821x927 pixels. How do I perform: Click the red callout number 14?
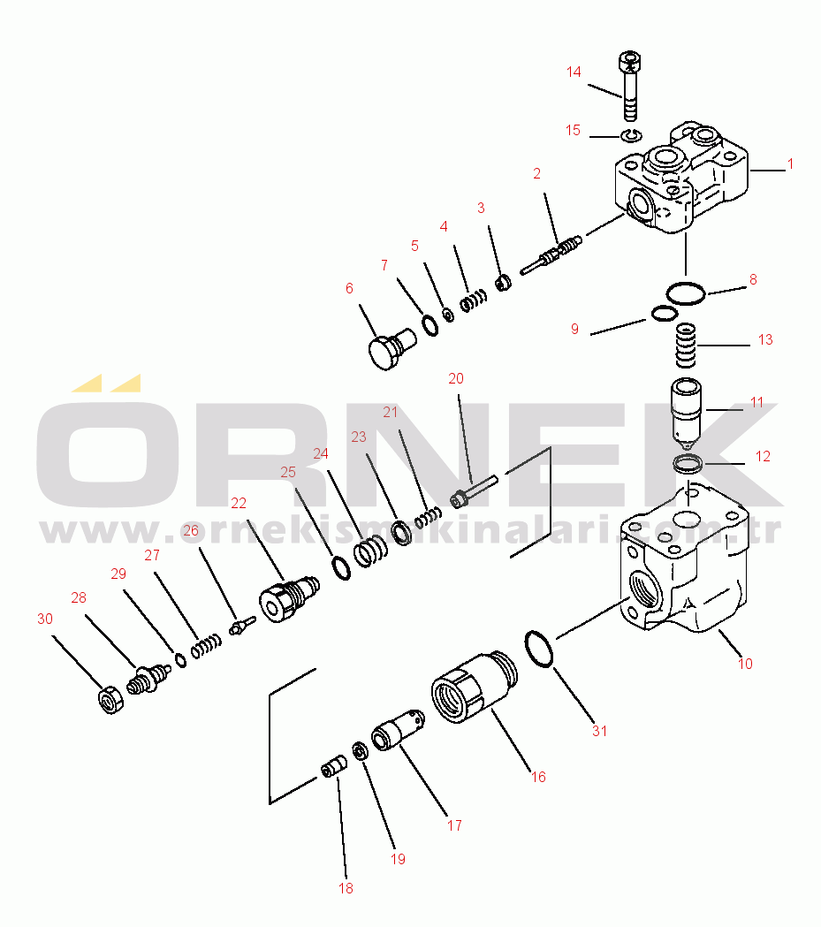pyautogui.click(x=574, y=72)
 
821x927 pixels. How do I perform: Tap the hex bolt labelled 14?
pyautogui.click(x=630, y=86)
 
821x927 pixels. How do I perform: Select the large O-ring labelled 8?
pyautogui.click(x=686, y=293)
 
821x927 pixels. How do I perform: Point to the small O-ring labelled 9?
pyautogui.click(x=665, y=314)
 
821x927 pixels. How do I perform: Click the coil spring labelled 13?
pyautogui.click(x=686, y=345)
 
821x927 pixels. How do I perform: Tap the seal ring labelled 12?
pyautogui.click(x=688, y=463)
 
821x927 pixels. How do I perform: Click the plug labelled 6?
pyautogui.click(x=391, y=349)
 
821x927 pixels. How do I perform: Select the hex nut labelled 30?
pyautogui.click(x=110, y=700)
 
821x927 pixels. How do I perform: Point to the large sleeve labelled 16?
pyautogui.click(x=474, y=687)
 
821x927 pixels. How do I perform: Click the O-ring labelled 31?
pyautogui.click(x=539, y=650)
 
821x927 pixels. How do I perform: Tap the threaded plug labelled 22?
pyautogui.click(x=290, y=598)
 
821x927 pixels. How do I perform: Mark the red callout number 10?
pyautogui.click(x=745, y=664)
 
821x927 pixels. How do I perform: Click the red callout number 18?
pyautogui.click(x=346, y=888)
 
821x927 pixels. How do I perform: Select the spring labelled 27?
pyautogui.click(x=206, y=646)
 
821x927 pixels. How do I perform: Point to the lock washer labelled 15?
pyautogui.click(x=631, y=136)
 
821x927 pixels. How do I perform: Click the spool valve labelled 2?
pyautogui.click(x=551, y=255)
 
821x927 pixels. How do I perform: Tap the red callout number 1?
pyautogui.click(x=790, y=163)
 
